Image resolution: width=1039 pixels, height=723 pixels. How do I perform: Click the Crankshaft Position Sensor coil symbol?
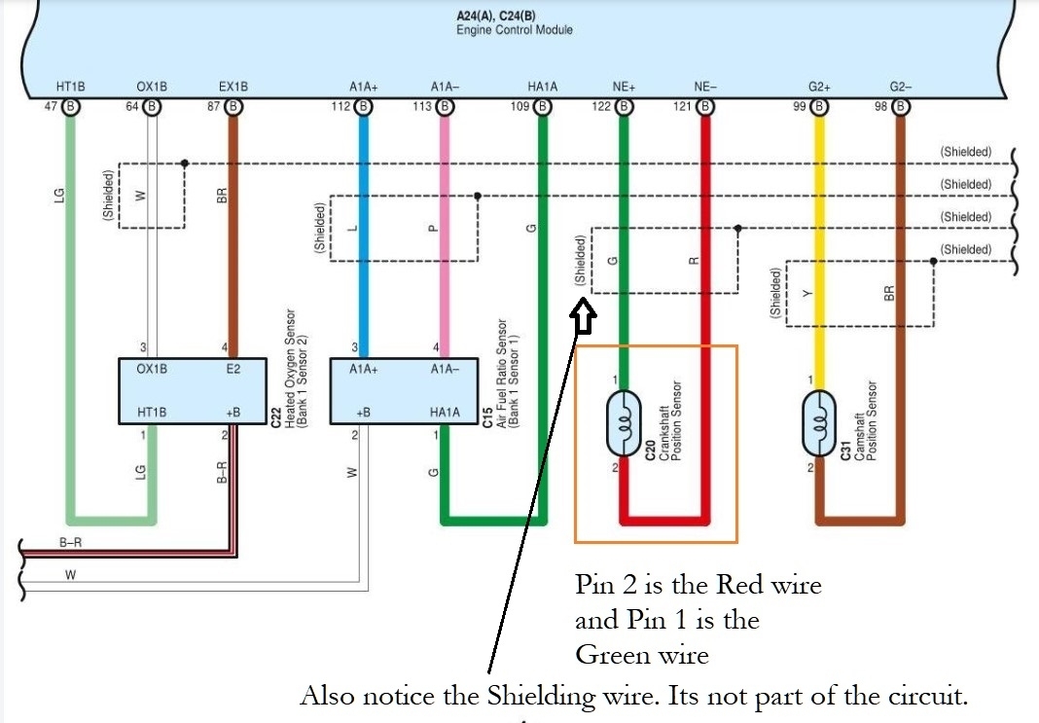623,423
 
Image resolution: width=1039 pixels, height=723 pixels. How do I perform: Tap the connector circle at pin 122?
624,107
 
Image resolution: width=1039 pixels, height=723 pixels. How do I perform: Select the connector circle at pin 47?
70,107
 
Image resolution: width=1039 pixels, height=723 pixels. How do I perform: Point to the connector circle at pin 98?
900,107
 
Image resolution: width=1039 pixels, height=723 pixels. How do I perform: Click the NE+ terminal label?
623,87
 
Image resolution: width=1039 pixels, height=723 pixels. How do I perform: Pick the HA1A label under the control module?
542,87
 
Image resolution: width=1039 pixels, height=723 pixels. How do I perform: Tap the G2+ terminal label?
818,87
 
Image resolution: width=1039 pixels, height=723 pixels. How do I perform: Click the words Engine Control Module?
515,30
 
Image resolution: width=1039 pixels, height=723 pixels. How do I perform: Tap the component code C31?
846,448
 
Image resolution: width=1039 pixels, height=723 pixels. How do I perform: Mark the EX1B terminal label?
233,87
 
